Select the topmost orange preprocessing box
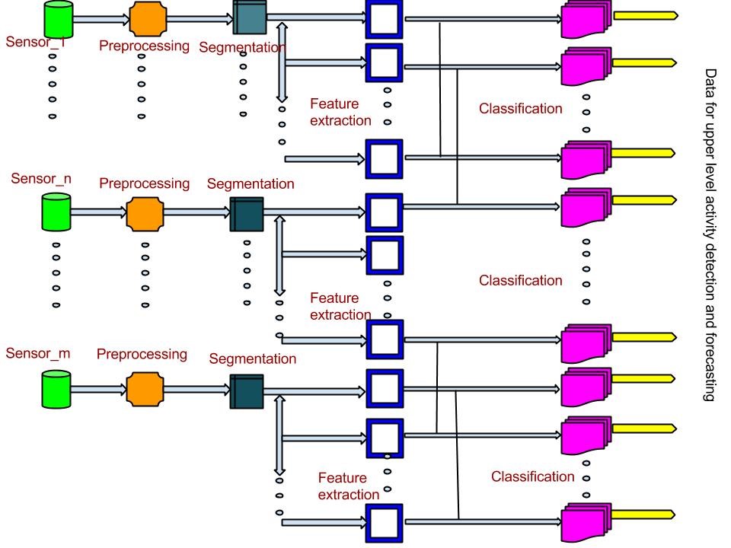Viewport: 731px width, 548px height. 147,18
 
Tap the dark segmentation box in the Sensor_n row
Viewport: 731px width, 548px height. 246,214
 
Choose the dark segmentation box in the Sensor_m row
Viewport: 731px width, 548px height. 247,391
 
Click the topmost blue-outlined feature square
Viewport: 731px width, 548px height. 384,18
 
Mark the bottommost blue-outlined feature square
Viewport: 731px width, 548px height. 384,522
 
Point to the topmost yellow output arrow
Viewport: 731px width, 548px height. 644,14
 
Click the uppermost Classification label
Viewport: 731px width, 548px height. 521,109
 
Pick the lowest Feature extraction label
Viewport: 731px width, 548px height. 349,486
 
